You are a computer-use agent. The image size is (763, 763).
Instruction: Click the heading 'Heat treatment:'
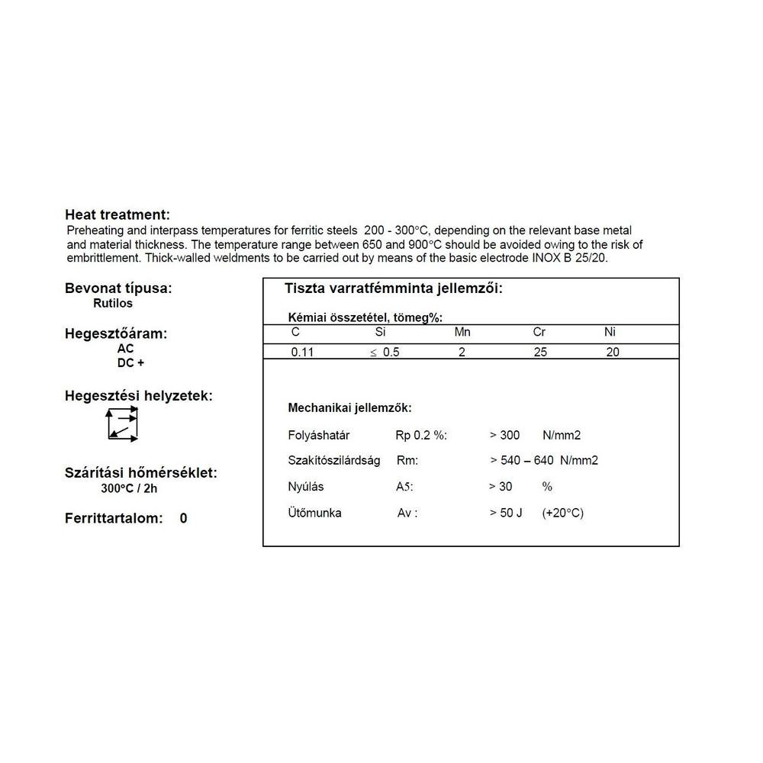(118, 214)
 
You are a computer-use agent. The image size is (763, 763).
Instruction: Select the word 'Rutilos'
(112, 303)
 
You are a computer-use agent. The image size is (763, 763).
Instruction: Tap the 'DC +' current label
(130, 363)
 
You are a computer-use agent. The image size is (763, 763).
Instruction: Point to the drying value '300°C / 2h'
(129, 489)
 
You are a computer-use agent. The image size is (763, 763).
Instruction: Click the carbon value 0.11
(302, 353)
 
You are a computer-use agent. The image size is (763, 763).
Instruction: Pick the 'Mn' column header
(462, 332)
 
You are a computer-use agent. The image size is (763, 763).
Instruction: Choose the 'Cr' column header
(539, 332)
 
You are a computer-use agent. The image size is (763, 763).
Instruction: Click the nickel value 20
(613, 353)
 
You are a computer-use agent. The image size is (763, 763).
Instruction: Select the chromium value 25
(540, 353)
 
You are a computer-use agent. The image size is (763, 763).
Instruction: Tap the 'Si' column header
(381, 332)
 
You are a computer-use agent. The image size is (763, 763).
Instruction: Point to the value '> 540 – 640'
(523, 460)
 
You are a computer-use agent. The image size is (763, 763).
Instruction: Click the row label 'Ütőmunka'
(314, 513)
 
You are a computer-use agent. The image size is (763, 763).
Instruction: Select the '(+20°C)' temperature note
(562, 513)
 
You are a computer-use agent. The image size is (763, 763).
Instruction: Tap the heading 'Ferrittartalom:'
(114, 519)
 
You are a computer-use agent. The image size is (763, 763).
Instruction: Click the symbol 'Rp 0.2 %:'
(420, 435)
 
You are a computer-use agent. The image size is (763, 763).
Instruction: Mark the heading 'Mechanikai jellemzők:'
(349, 408)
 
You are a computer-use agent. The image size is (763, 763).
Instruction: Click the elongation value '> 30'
(501, 486)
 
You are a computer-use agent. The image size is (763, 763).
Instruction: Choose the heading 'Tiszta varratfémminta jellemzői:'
(393, 289)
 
